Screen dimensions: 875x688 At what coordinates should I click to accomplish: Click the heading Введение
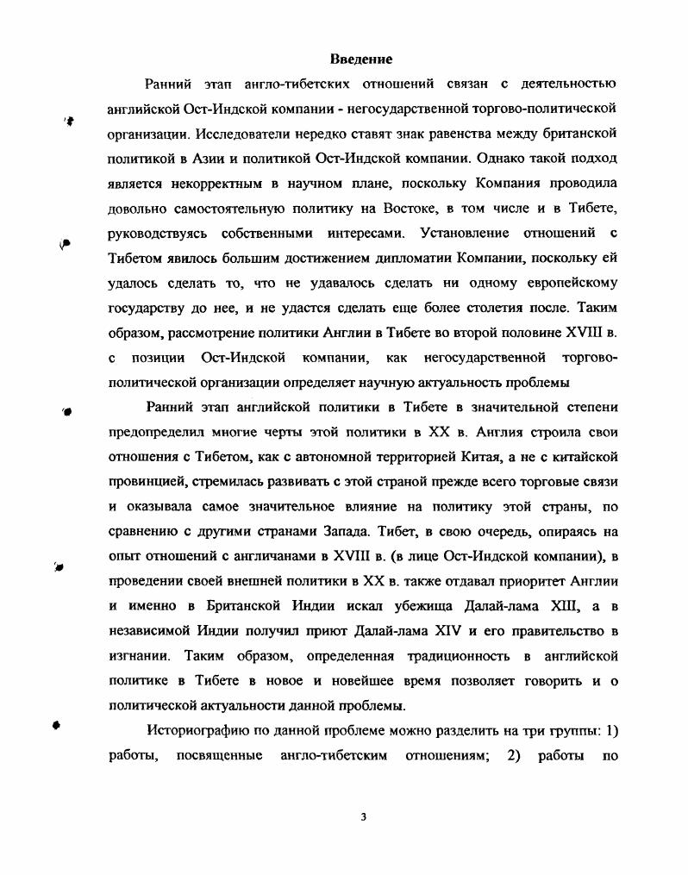(x=361, y=59)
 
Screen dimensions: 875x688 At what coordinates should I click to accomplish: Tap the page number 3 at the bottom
(x=364, y=816)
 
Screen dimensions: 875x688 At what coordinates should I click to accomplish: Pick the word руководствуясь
(x=157, y=234)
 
